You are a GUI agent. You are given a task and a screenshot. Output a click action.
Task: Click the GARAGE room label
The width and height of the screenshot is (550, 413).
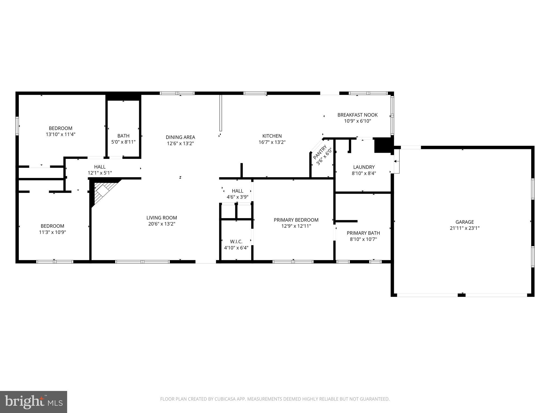[x=465, y=222]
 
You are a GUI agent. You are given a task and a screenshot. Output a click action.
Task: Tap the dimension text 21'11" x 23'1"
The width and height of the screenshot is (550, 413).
[x=465, y=228]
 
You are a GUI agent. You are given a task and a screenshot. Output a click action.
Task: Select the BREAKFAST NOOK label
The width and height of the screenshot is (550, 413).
[x=357, y=115]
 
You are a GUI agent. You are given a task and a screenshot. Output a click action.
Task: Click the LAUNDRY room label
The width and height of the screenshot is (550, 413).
[x=364, y=167]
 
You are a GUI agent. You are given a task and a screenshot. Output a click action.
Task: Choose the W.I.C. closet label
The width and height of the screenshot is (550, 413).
[x=236, y=241]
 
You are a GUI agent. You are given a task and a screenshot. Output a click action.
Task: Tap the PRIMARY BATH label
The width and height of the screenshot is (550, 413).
[x=363, y=233]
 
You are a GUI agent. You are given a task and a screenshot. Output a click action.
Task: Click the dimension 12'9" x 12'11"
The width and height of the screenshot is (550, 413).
[x=296, y=226]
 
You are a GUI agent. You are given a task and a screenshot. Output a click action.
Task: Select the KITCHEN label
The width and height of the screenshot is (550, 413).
[x=272, y=136]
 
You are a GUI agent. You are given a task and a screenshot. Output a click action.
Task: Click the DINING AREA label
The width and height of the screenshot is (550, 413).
[x=180, y=137]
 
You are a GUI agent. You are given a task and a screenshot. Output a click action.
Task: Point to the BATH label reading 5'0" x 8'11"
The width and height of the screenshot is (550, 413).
[x=123, y=136]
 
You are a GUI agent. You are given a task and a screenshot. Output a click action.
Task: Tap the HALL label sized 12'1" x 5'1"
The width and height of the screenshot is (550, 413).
[x=100, y=167]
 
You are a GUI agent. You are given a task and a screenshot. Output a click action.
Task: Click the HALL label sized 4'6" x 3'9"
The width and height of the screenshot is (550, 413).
[x=237, y=191]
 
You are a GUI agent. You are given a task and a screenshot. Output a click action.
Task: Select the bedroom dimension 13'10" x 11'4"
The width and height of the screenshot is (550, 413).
[x=60, y=134]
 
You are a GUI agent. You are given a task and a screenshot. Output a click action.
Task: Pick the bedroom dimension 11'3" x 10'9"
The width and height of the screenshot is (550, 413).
[x=52, y=232]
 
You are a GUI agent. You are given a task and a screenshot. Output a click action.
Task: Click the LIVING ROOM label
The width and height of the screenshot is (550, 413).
[x=162, y=218]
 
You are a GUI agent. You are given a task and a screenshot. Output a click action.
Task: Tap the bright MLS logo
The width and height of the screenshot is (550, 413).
[x=34, y=402]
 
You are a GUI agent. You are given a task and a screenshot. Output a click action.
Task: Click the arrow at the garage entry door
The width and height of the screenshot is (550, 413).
[x=397, y=161]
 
